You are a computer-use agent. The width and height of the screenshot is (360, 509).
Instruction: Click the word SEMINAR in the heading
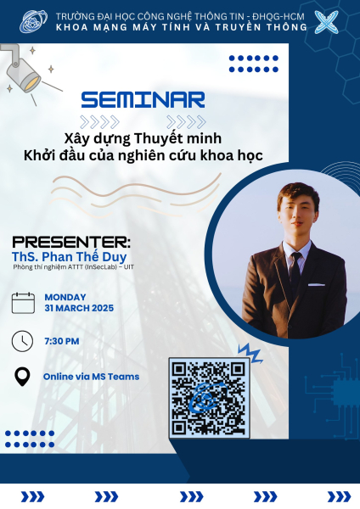pos(143,99)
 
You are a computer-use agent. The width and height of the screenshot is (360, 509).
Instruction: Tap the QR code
pos(209,398)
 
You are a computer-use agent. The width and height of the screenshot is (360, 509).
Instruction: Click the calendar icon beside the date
pos(23,303)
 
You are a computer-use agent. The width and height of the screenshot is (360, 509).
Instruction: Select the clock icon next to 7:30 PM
pos(22,341)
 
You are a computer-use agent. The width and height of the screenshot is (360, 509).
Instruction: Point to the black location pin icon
pos(22,377)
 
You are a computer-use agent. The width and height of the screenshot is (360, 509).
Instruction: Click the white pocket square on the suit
pos(317,285)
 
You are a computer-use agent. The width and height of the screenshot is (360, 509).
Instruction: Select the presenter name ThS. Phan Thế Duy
pos(70,256)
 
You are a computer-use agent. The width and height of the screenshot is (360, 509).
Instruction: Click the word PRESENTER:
pos(71,242)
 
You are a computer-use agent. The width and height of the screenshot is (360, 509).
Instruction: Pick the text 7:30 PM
pos(62,341)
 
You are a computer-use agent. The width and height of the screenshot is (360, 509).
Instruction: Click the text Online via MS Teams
pos(92,377)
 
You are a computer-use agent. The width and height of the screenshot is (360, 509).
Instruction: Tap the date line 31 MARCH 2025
pos(79,308)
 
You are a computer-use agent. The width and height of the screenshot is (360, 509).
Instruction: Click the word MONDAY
pos(65,297)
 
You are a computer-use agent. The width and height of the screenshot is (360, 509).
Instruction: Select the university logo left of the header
pos(33,21)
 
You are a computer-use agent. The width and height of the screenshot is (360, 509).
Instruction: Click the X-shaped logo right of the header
pos(326,22)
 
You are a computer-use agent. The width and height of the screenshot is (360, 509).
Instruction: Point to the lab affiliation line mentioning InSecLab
pos(73,267)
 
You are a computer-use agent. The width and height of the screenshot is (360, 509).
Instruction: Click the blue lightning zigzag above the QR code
pos(250,353)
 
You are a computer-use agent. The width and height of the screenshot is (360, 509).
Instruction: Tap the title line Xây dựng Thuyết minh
pos(143,139)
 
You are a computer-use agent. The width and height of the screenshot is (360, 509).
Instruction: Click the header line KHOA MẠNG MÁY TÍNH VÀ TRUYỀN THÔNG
pos(182,27)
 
